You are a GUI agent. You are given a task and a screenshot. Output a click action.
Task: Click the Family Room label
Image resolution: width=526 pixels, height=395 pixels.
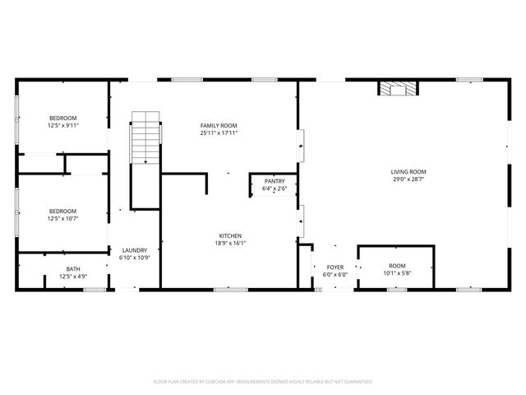(219, 125)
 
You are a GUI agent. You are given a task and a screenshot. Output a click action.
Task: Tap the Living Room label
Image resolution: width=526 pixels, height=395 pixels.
(408, 172)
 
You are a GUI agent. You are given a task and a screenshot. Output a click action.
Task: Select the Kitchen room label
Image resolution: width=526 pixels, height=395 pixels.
(230, 235)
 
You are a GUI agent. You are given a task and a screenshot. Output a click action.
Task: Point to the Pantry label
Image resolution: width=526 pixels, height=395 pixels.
(275, 181)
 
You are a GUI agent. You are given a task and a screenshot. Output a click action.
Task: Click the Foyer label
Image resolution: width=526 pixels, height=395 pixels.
(335, 267)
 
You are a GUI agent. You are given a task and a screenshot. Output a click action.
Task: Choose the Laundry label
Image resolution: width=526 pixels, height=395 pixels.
(135, 250)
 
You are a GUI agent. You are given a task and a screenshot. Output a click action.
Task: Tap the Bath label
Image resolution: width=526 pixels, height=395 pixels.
(73, 269)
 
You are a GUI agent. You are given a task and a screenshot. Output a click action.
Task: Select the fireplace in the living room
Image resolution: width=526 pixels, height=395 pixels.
(397, 88)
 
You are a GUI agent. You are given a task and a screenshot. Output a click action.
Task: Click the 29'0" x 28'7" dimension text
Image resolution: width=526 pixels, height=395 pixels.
(408, 179)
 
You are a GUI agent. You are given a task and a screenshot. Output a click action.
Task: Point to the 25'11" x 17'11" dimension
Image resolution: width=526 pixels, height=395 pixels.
(219, 133)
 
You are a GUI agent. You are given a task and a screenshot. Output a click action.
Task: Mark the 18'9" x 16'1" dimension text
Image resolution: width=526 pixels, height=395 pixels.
(230, 243)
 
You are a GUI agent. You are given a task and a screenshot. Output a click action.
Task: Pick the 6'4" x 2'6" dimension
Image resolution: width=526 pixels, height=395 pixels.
(275, 188)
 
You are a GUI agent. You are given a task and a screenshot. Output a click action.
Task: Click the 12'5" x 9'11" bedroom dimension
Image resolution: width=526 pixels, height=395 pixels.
(62, 126)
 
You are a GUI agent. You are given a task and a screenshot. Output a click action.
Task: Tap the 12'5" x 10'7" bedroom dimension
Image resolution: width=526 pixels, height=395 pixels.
(62, 219)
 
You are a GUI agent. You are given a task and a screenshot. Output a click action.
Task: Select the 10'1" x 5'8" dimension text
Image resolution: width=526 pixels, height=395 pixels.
(397, 274)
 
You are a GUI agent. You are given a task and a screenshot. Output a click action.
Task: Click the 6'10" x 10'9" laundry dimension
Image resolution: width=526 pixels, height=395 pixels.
(135, 258)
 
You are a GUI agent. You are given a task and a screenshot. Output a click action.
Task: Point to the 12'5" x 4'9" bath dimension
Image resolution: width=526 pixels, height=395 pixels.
(73, 276)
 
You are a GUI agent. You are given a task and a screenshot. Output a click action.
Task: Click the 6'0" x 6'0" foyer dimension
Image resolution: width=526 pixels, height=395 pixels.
(335, 275)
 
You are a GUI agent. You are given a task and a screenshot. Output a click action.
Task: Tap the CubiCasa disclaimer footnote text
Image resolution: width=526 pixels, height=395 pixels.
(263, 382)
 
